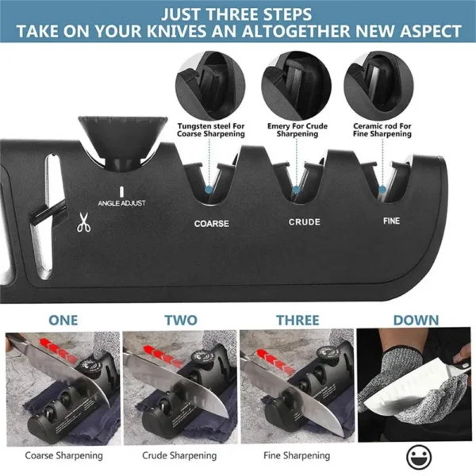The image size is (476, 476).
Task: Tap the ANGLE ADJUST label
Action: click(x=121, y=203)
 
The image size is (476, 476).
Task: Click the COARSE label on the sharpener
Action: click(x=211, y=224)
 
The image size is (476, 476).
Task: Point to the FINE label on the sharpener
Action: click(x=391, y=221)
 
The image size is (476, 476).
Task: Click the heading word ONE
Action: click(x=63, y=320)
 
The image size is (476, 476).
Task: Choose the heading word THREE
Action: click(x=297, y=320)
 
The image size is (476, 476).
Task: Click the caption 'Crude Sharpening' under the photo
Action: click(x=179, y=455)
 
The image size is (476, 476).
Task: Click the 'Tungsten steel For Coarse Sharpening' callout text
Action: click(x=212, y=129)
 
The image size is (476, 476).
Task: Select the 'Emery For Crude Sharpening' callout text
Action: click(x=297, y=129)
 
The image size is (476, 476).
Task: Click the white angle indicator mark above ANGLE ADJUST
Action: click(x=121, y=191)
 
